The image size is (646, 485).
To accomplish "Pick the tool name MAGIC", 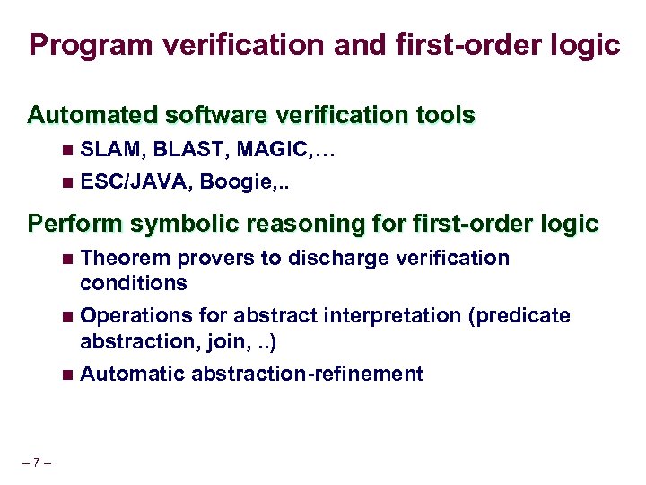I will click(x=259, y=154).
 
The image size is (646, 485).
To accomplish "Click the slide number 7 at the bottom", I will click(x=37, y=463).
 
